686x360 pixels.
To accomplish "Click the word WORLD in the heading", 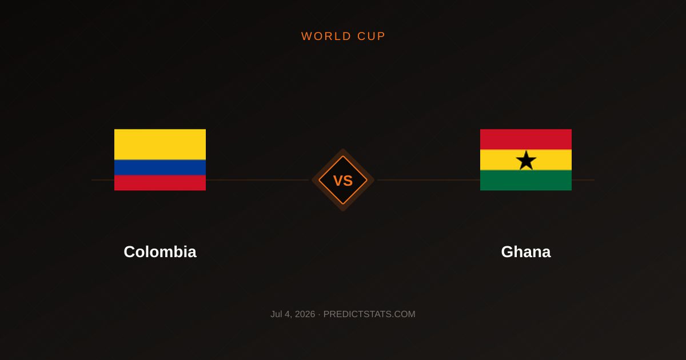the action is (326, 36).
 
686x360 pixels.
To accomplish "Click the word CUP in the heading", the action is (371, 36).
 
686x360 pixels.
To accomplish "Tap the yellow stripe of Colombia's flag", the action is (160, 144).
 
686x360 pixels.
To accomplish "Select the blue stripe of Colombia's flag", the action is (160, 167).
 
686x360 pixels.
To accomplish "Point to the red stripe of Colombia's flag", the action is (160, 183).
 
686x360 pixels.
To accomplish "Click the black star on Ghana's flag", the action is (526, 161).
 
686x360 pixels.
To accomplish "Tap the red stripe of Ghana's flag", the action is (526, 139).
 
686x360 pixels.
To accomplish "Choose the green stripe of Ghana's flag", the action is (526, 181).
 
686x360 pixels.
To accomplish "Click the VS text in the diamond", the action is (343, 181).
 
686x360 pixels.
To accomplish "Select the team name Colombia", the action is (160, 251).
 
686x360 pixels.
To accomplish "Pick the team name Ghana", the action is (526, 251).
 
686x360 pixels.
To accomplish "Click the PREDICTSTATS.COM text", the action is (369, 314).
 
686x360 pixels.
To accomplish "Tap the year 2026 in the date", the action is (305, 314).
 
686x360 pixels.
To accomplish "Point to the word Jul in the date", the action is (276, 314).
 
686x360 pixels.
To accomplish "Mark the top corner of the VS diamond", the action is (343, 149).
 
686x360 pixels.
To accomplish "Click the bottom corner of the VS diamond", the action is (343, 211).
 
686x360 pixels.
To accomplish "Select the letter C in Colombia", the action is (130, 251).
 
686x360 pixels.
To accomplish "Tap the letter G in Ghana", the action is (508, 251).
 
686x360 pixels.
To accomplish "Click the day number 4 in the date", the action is (287, 314).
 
